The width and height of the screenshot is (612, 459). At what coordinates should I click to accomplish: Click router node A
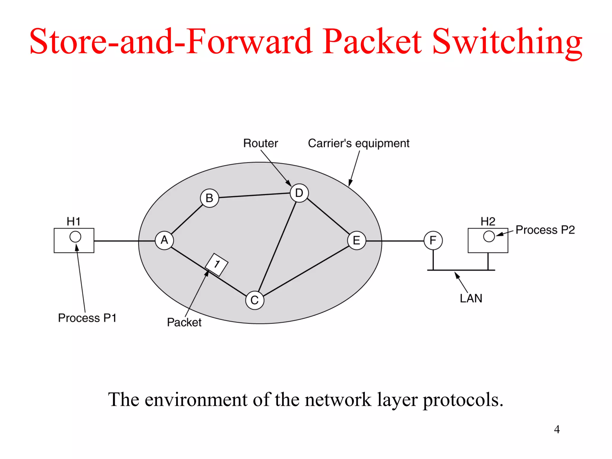pos(164,240)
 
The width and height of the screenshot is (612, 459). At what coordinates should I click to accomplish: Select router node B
pos(209,198)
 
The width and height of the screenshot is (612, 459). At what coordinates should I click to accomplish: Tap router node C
pos(255,300)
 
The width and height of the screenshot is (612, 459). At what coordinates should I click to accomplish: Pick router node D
pos(299,193)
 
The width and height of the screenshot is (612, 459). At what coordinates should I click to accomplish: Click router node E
pos(357,240)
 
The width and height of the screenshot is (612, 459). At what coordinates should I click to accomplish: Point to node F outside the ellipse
pos(433,240)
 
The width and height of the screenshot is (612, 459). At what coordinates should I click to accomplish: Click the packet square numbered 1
pos(217,264)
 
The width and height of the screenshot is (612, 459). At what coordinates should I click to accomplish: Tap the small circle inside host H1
pos(75,237)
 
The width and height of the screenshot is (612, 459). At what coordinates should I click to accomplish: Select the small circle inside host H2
pos(489,236)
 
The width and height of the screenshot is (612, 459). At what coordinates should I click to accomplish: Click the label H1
pos(74,222)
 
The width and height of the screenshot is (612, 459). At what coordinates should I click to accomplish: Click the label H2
pos(488,222)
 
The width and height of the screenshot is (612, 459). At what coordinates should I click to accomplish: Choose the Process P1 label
pos(87,318)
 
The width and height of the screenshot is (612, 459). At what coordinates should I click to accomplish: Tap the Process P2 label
pos(545,230)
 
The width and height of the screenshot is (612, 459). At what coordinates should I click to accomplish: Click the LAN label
pos(471,299)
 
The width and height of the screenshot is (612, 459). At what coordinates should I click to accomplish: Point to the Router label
pos(260,143)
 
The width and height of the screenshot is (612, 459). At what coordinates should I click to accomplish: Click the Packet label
pos(184,322)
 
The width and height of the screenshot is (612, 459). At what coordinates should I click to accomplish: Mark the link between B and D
pos(254,195)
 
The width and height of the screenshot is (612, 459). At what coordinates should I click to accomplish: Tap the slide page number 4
pos(557,429)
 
